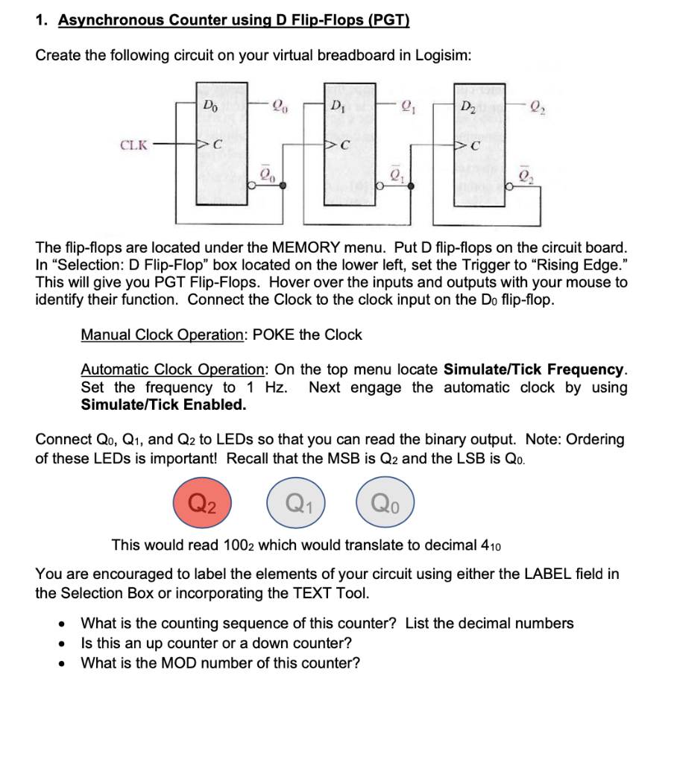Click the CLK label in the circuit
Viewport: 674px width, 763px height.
[x=133, y=145]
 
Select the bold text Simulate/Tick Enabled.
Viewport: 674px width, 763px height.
[x=163, y=405]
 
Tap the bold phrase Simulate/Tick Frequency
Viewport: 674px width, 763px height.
[x=533, y=370]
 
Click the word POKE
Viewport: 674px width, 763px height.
[x=274, y=335]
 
